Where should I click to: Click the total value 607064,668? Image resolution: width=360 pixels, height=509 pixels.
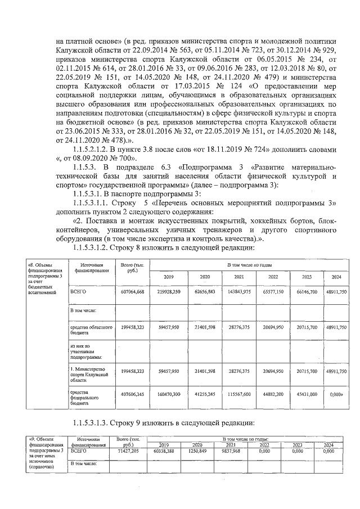(133, 292)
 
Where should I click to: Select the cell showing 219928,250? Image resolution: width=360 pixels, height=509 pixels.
(169, 292)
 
